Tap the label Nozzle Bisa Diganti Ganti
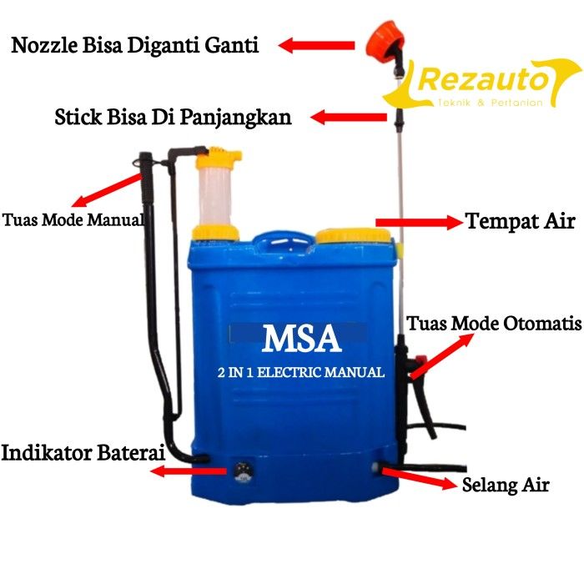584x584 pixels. tap(135, 45)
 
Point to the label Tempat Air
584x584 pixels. tap(520, 222)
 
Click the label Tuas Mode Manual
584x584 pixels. tap(73, 221)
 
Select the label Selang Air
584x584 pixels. tap(506, 485)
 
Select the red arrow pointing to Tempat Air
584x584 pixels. tap(419, 222)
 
